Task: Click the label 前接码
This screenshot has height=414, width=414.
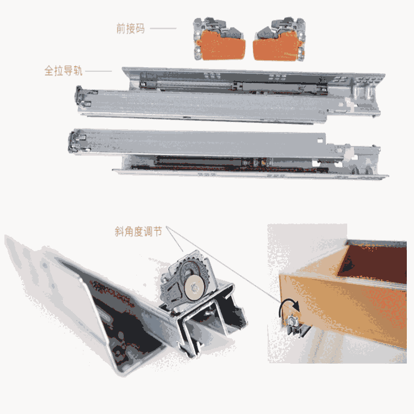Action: click(x=130, y=29)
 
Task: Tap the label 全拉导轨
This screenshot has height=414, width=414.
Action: click(x=63, y=71)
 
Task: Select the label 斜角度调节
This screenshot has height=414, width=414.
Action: click(x=138, y=231)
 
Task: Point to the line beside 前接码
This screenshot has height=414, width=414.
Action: click(x=163, y=28)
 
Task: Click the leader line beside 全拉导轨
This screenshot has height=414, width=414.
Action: click(x=98, y=71)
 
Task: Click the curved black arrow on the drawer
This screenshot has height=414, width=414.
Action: click(x=288, y=306)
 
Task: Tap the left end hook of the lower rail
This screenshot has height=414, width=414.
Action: click(x=76, y=142)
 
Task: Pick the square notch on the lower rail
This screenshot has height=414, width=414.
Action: click(x=320, y=141)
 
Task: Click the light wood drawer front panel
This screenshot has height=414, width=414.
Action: click(x=343, y=311)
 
